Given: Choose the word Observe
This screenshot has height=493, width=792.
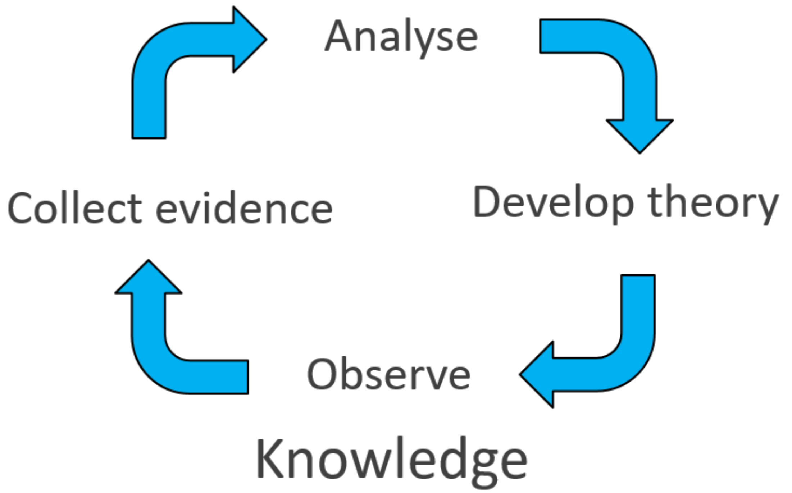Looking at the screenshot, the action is (x=388, y=374).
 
